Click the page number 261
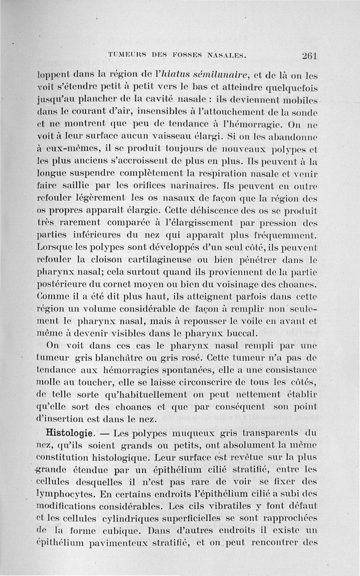[x=310, y=56]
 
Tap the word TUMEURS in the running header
[x=123, y=56]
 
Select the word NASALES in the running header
[x=226, y=56]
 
